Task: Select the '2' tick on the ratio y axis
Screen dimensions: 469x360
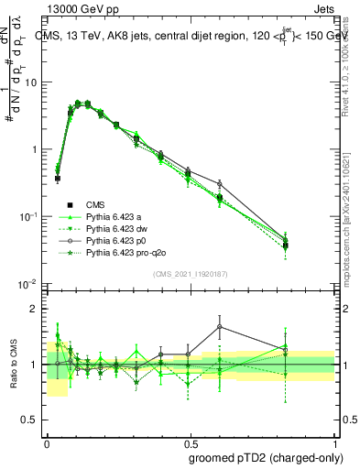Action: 35,309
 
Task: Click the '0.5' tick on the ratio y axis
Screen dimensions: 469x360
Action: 30,420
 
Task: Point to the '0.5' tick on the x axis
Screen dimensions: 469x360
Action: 189,441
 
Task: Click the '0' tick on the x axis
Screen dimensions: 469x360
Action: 47,441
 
